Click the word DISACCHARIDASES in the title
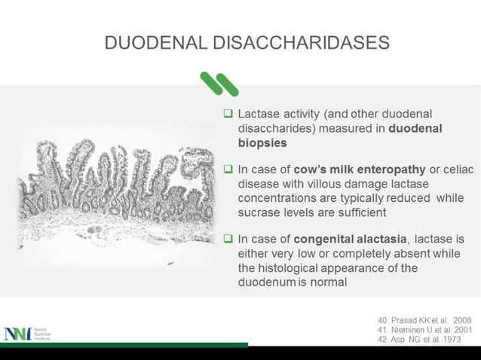[x=302, y=42]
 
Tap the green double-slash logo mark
[x=219, y=84]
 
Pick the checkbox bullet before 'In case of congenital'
[x=228, y=239]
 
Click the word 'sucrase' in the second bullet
[x=259, y=212]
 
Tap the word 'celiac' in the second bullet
[x=457, y=171]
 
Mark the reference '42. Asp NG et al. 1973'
[x=418, y=339]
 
